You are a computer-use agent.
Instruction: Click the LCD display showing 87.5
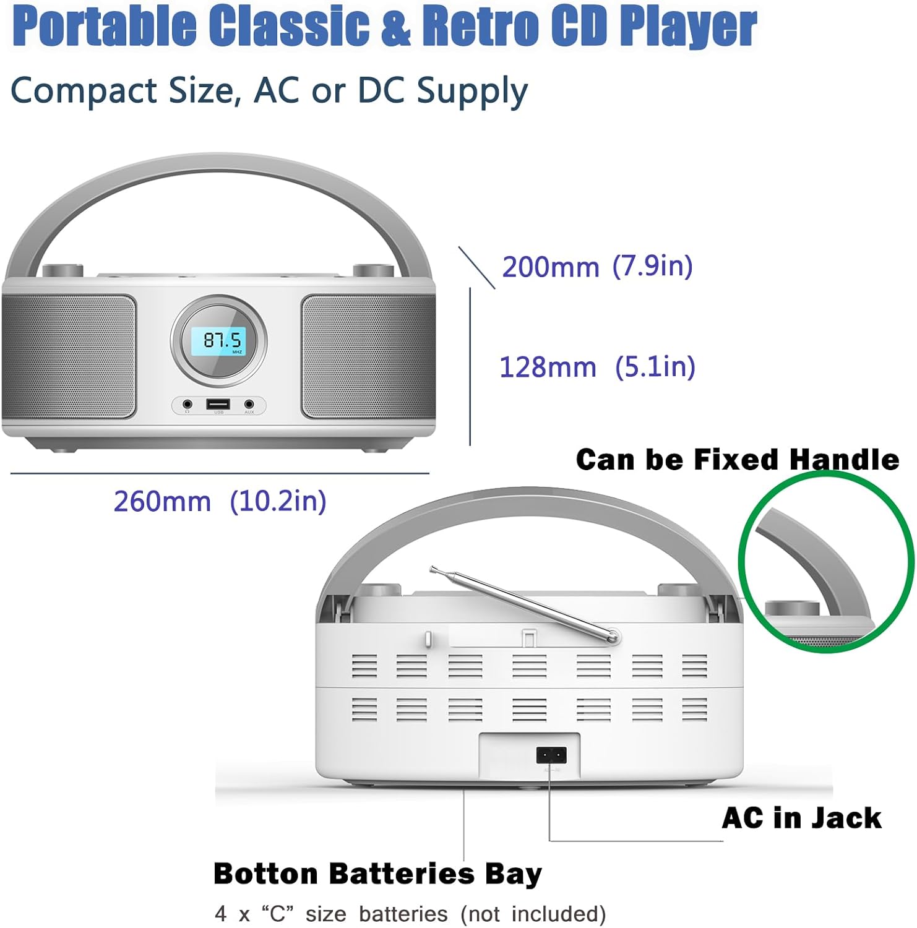click(x=218, y=342)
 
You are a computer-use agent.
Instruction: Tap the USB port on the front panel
click(x=218, y=405)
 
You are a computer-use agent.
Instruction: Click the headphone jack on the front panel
click(x=187, y=405)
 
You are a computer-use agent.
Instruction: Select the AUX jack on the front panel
click(x=249, y=405)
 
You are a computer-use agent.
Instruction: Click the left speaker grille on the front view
click(x=69, y=356)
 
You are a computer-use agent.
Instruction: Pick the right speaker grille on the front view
click(x=368, y=356)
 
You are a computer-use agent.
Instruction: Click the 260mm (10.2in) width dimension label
click(x=220, y=501)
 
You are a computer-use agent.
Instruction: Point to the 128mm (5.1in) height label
click(x=597, y=367)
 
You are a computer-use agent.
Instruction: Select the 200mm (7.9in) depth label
click(x=597, y=267)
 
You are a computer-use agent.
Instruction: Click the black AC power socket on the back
click(x=551, y=755)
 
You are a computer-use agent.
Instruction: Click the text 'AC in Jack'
click(x=801, y=818)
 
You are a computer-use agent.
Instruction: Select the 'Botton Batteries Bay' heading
click(x=377, y=874)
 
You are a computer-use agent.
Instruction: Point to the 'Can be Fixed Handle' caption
click(x=737, y=460)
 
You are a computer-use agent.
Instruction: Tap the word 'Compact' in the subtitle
click(x=84, y=91)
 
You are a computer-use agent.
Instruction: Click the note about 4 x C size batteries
click(x=410, y=914)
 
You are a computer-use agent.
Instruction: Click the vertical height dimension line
click(x=470, y=366)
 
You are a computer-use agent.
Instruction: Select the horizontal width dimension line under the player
click(x=220, y=474)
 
